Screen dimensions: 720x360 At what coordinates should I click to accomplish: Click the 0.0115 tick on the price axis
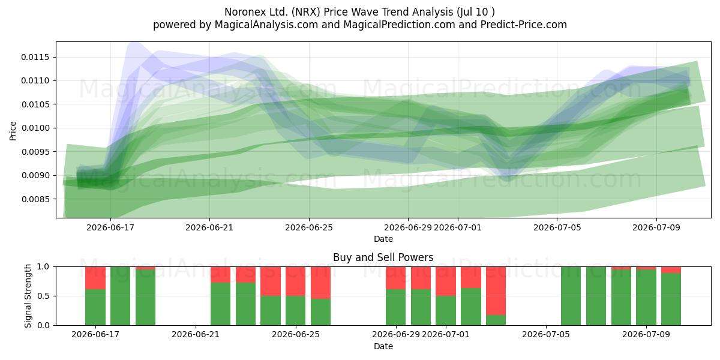[35, 57]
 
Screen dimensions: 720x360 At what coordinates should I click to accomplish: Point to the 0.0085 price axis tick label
[35, 199]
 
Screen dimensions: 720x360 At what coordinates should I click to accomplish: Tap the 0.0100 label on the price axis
[35, 128]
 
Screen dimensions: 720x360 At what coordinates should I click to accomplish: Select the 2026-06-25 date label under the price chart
[309, 227]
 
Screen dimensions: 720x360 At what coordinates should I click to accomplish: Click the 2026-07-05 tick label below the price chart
[557, 227]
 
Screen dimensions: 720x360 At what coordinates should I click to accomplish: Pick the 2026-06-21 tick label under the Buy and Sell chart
[196, 335]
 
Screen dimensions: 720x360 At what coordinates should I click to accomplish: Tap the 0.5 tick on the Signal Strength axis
[44, 296]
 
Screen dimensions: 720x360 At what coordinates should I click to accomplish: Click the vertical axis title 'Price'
[13, 131]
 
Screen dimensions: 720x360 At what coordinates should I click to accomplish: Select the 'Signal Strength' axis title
[28, 296]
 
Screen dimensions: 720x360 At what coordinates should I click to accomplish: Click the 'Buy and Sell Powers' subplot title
[383, 257]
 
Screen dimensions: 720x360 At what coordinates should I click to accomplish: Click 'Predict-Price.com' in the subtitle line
[524, 25]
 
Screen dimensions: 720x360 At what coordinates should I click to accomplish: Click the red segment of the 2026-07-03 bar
[496, 291]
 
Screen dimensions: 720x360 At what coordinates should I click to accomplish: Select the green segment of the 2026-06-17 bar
[95, 307]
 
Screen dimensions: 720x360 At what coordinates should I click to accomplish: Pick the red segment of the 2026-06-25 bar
[295, 281]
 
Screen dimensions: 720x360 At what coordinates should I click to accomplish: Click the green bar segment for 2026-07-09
[646, 298]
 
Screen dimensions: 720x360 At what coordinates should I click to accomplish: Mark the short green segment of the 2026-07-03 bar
[496, 320]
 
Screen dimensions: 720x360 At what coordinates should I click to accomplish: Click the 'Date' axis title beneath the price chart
[383, 239]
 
